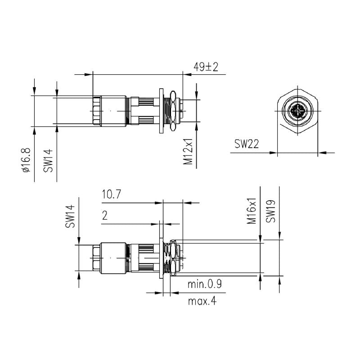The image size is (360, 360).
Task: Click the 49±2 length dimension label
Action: pyautogui.click(x=206, y=67)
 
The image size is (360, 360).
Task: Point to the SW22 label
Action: pyautogui.click(x=246, y=144)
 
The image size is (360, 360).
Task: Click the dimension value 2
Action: pyautogui.click(x=105, y=216)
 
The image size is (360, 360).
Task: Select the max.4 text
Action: pyautogui.click(x=202, y=301)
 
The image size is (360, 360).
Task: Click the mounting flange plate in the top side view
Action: pyautogui.click(x=161, y=111)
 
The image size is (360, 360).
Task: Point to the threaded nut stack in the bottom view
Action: pyautogui.click(x=171, y=258)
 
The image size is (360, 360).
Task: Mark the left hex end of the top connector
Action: pyautogui.click(x=95, y=111)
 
